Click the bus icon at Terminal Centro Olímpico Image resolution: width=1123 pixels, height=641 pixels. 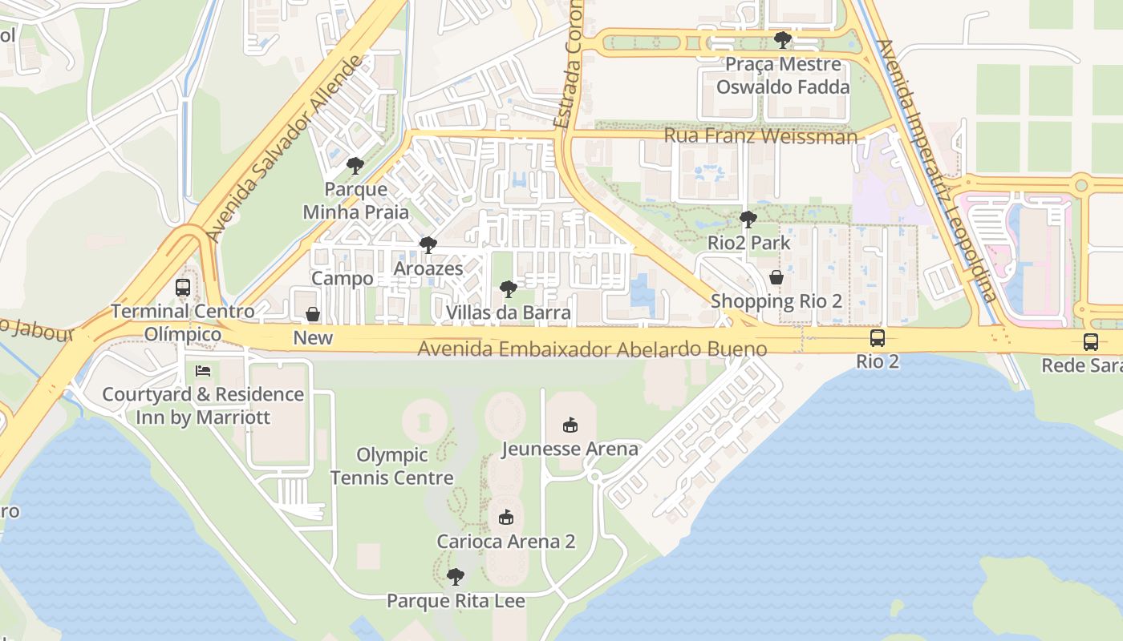click(x=183, y=288)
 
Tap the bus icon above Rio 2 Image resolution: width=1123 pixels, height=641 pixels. click(x=878, y=338)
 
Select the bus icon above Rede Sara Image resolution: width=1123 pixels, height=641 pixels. click(x=1091, y=342)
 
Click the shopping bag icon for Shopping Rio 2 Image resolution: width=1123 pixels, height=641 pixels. click(x=776, y=278)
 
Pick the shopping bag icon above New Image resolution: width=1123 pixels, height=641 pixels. click(x=313, y=314)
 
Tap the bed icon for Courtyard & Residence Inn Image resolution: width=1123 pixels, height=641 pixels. click(x=203, y=371)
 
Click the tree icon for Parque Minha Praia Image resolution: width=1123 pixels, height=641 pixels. click(x=355, y=166)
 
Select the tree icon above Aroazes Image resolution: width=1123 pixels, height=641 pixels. click(x=428, y=244)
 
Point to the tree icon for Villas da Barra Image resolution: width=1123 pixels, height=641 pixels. click(x=508, y=289)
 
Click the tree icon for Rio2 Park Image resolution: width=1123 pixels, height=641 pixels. click(x=748, y=219)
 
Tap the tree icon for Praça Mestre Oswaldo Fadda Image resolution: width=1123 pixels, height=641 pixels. click(x=783, y=39)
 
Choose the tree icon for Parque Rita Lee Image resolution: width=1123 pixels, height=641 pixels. click(x=456, y=577)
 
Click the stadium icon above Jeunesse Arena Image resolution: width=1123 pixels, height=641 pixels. click(x=570, y=425)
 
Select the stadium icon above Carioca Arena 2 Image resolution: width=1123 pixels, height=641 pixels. click(x=505, y=518)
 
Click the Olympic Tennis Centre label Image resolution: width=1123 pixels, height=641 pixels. click(x=392, y=466)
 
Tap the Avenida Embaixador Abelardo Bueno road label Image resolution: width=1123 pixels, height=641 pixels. click(x=592, y=349)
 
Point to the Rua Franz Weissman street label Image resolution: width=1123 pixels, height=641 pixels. click(x=760, y=135)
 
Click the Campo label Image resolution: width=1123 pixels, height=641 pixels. click(x=343, y=279)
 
